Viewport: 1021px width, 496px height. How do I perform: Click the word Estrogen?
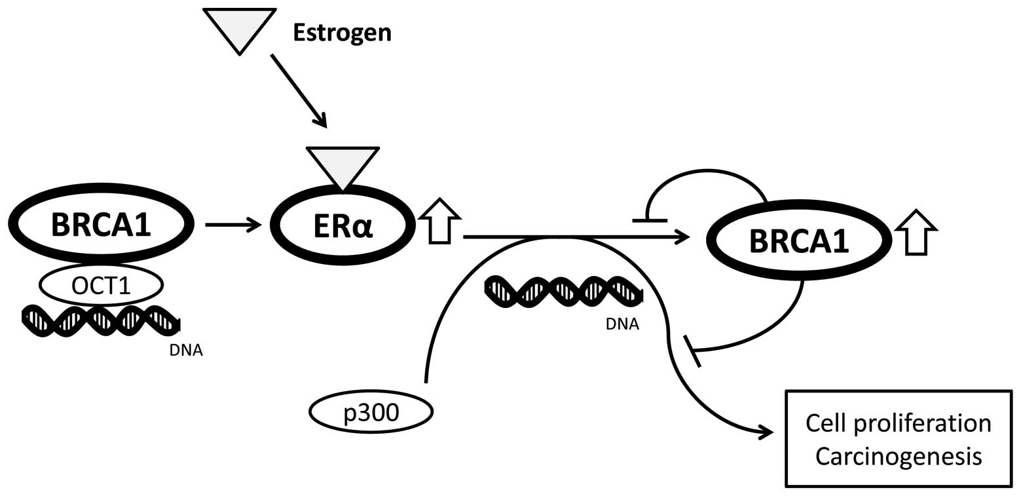click(x=341, y=32)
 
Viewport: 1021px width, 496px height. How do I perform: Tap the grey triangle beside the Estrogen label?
click(x=239, y=26)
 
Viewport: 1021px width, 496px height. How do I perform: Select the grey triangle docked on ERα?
click(x=343, y=164)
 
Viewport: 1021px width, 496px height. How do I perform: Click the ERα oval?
click(x=343, y=225)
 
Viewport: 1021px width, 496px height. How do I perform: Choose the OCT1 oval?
click(x=101, y=285)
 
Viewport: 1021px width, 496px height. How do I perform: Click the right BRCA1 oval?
click(x=798, y=240)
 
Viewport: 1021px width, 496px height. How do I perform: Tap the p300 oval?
click(x=371, y=412)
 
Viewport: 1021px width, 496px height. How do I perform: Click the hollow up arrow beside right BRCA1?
click(x=916, y=233)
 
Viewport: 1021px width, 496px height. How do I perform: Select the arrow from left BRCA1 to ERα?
click(x=233, y=225)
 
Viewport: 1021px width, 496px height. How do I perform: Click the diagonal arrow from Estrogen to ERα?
click(x=298, y=90)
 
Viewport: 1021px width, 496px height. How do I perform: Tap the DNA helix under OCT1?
click(x=101, y=320)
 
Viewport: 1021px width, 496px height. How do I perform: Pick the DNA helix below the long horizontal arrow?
click(x=563, y=291)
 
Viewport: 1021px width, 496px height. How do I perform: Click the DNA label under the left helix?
click(x=186, y=350)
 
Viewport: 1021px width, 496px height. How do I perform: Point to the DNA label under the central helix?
click(x=622, y=324)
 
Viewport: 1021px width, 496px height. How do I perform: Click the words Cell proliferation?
click(x=899, y=424)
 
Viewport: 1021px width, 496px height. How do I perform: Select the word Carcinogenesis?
click(x=899, y=455)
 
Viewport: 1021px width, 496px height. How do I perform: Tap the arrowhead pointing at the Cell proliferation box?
click(x=766, y=432)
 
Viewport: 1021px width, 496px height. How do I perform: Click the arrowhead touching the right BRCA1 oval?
click(x=682, y=237)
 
